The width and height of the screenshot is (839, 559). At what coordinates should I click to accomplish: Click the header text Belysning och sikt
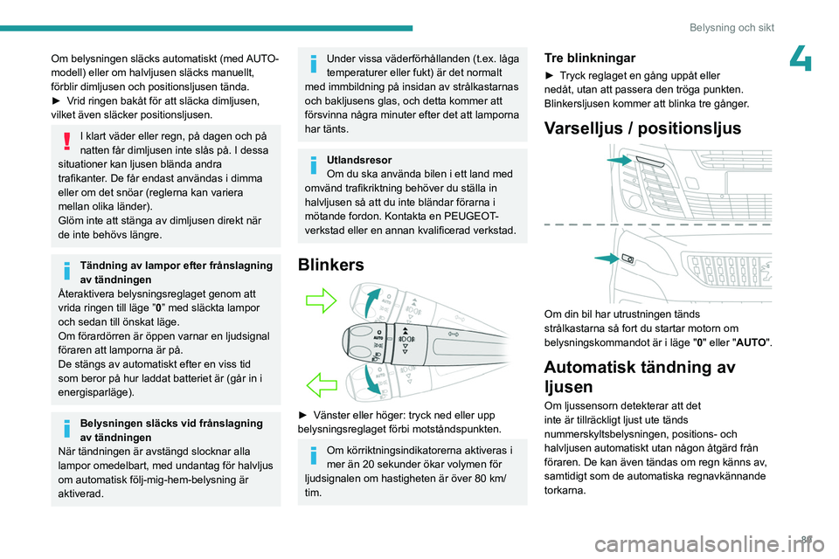pyautogui.click(x=732, y=27)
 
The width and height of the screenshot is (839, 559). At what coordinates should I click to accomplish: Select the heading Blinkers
pyautogui.click(x=332, y=264)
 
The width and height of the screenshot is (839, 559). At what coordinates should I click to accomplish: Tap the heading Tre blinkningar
pyautogui.click(x=590, y=57)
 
